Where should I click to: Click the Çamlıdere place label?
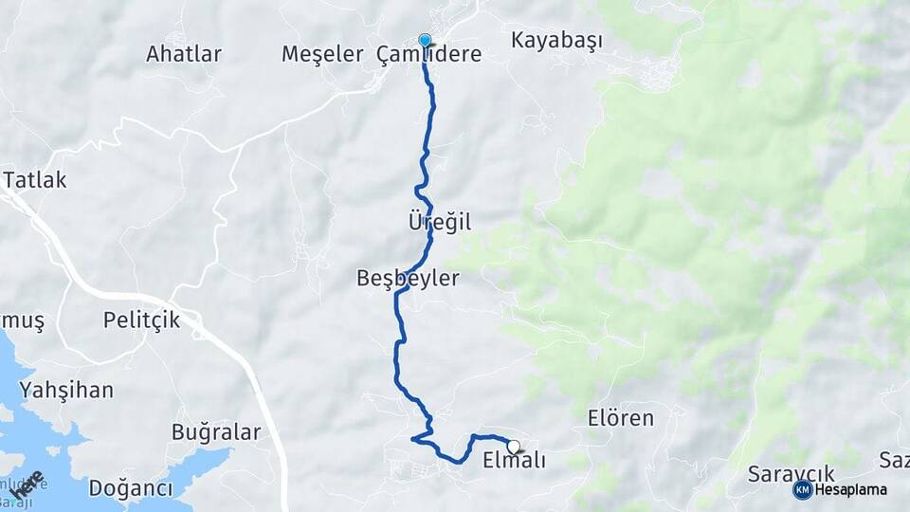[429, 55]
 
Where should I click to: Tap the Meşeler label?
[322, 55]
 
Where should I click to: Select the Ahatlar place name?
[184, 54]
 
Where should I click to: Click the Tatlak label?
[35, 180]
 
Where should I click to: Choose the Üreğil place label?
[439, 222]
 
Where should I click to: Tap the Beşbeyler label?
[408, 279]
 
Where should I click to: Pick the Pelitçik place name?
[141, 320]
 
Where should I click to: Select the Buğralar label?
[216, 432]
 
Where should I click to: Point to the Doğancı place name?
[131, 488]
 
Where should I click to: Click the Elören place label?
[621, 418]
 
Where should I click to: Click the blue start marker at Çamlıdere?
[425, 41]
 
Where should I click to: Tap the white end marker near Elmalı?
[513, 447]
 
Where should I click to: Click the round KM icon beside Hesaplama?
[802, 489]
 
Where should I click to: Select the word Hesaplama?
[851, 489]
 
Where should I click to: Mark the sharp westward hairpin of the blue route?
[413, 438]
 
